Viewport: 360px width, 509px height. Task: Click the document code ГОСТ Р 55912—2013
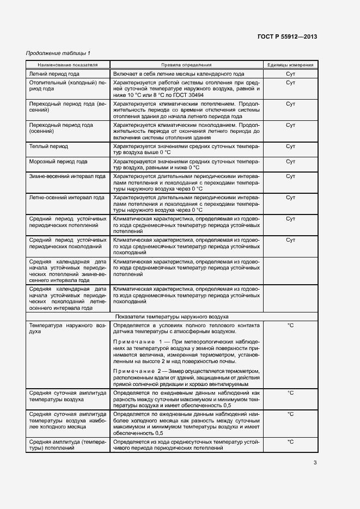coord(287,36)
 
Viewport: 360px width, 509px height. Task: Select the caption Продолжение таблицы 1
coord(58,53)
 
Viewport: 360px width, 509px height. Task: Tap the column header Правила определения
coord(186,64)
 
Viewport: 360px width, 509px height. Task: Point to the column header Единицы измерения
coord(290,64)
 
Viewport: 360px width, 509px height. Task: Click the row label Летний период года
coord(53,73)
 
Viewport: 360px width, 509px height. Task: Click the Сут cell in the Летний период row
coord(290,73)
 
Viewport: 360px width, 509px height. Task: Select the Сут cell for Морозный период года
coord(290,162)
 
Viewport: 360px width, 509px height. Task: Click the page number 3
coord(315,463)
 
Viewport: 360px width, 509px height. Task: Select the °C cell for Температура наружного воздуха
coord(290,325)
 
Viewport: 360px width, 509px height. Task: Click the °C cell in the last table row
coord(290,442)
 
